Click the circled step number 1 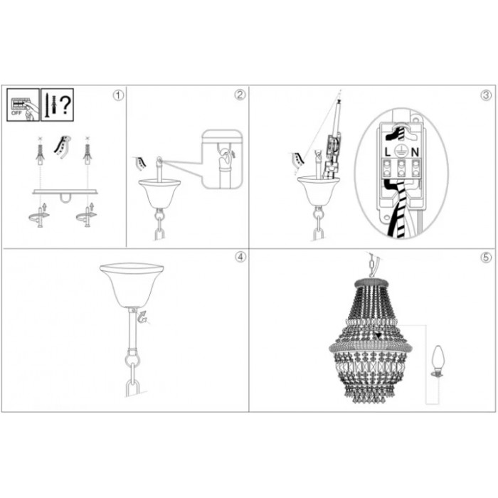[119, 95]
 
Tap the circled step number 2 [240, 95]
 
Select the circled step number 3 [486, 95]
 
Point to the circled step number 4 [240, 257]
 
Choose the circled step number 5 [486, 257]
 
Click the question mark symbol [65, 105]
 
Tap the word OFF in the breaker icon [16, 112]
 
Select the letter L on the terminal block [387, 153]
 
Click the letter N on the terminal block [415, 153]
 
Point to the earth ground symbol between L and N [401, 152]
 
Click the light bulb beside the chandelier [438, 361]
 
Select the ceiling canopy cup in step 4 [132, 285]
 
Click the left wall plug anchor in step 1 [40, 153]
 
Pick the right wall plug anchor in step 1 [88, 153]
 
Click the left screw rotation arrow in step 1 [38, 216]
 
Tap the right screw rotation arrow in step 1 [86, 216]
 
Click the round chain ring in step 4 [132, 359]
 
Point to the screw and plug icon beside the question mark [51, 105]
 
